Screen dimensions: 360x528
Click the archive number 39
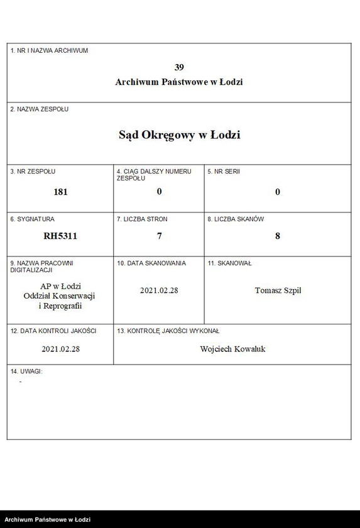pyautogui.click(x=179, y=67)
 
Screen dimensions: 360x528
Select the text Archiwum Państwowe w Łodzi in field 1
pyautogui.click(x=179, y=82)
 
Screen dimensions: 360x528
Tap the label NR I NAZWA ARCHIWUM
pyautogui.click(x=50, y=51)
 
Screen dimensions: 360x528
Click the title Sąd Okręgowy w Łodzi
pyautogui.click(x=179, y=135)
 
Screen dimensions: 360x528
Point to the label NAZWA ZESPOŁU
pyautogui.click(x=40, y=109)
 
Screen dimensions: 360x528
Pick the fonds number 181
pyautogui.click(x=60, y=192)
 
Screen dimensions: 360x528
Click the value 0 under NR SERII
pyautogui.click(x=277, y=192)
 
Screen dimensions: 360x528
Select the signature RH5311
pyautogui.click(x=60, y=236)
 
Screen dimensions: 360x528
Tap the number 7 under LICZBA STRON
pyautogui.click(x=159, y=236)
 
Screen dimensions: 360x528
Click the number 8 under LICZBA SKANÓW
pyautogui.click(x=277, y=236)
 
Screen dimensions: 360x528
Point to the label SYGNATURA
pyautogui.click(x=33, y=219)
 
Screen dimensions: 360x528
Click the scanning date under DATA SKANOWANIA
pyautogui.click(x=159, y=290)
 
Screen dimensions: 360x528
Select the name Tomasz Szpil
pyautogui.click(x=278, y=290)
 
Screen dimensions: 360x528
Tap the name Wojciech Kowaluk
pyautogui.click(x=232, y=349)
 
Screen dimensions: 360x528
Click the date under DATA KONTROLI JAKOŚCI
pyautogui.click(x=60, y=349)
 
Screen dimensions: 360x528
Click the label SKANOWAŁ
pyautogui.click(x=229, y=263)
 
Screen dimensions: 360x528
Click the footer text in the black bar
pyautogui.click(x=48, y=520)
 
